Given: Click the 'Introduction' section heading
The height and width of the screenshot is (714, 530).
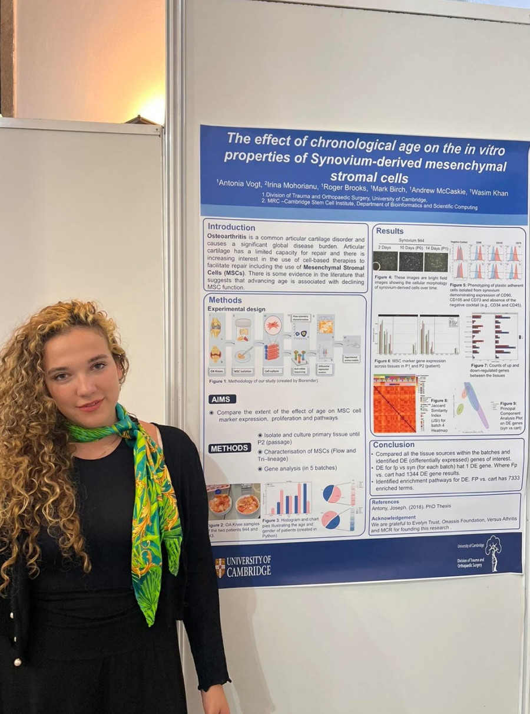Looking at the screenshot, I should coord(231,227).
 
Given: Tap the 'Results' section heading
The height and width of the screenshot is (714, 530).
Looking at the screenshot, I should coord(389,231).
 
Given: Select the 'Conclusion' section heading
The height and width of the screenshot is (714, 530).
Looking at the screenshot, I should coord(394,445).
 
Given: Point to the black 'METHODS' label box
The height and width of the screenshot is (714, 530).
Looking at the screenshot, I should coord(229,448).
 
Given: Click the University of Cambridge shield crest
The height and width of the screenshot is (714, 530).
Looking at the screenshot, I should coord(220,567).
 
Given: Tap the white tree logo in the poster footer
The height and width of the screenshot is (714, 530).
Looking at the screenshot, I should coord(493,552).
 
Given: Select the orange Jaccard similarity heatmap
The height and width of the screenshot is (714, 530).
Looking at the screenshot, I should coord(395,404).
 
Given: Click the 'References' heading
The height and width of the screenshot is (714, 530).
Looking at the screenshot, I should coord(385,502).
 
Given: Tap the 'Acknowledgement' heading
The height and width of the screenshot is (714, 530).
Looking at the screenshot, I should coord(393,518).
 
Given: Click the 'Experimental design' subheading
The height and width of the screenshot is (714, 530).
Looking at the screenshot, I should coord(236,308).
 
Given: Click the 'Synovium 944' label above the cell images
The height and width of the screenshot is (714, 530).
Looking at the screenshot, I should coord(412,241).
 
